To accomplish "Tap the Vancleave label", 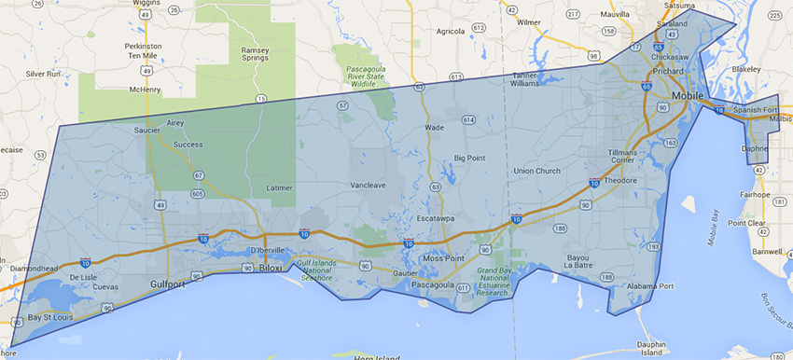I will coord(368,186).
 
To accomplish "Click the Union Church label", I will coord(536,171).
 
